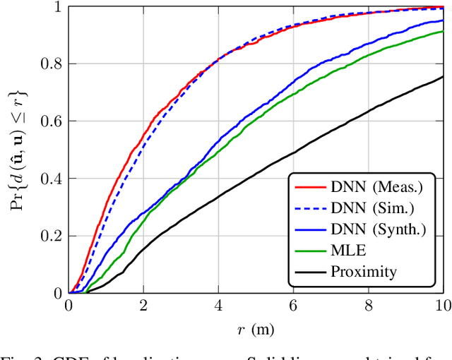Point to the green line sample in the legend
[x=307, y=250]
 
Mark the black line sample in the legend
[x=307, y=271]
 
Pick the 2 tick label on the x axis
[x=143, y=306]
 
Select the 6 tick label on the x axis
[x=293, y=306]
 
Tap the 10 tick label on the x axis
[x=442, y=306]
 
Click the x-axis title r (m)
[x=256, y=328]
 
